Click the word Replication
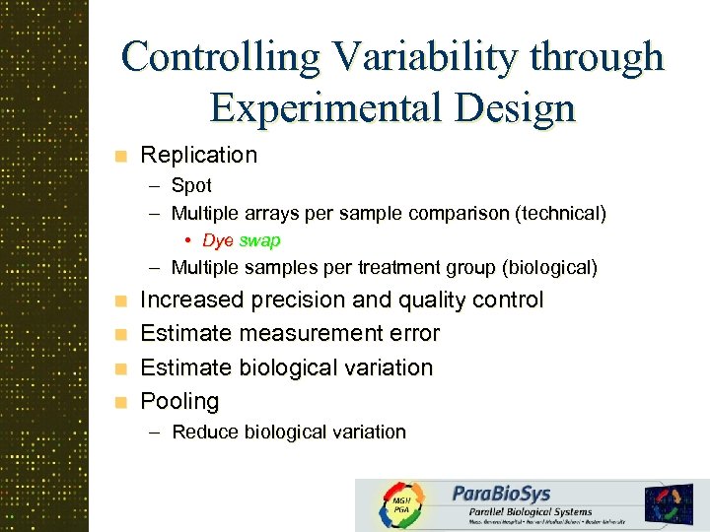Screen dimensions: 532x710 coord(198,155)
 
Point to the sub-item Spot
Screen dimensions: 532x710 coord(191,185)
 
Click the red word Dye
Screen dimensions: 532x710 coord(217,240)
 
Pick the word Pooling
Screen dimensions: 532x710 coord(179,401)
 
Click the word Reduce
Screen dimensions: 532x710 coord(205,432)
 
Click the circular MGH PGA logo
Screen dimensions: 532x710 coord(401,504)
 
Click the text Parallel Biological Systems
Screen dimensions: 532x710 coord(523,511)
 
